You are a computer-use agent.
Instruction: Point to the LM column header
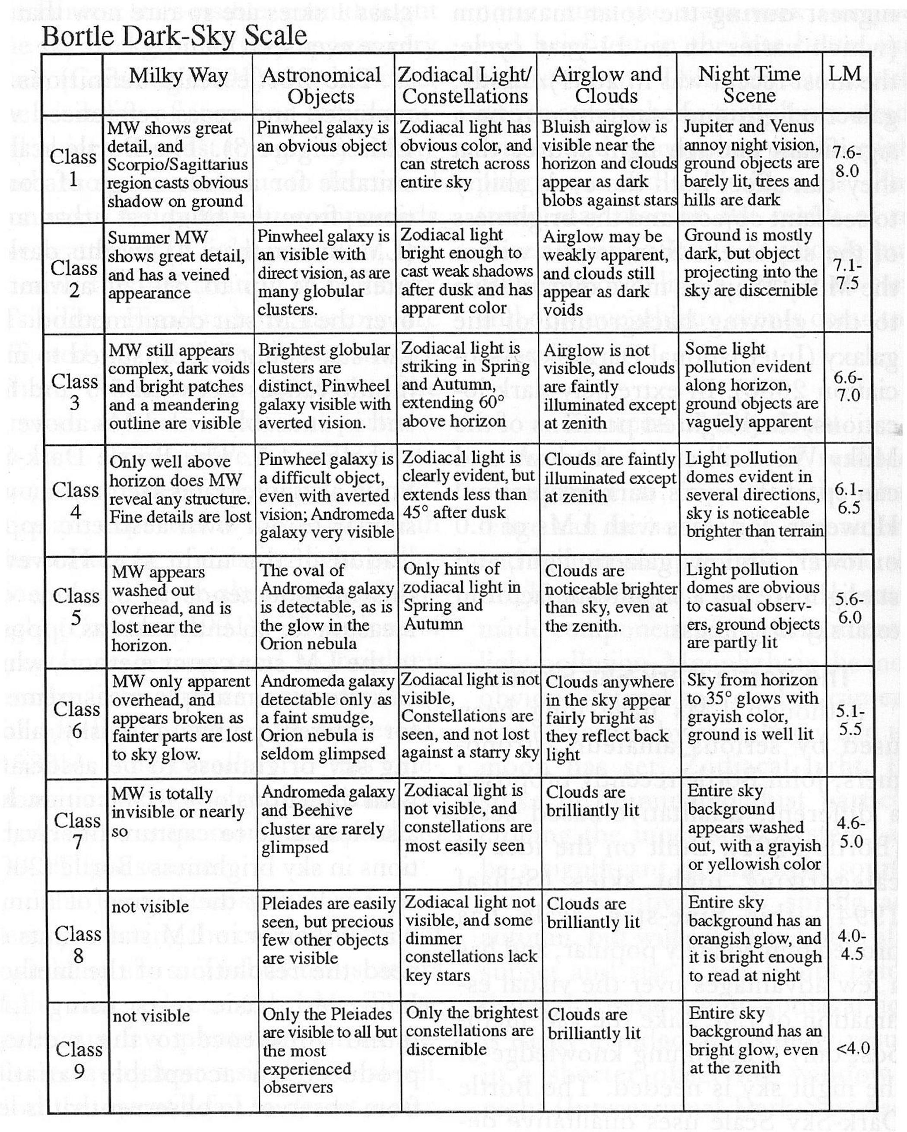click(x=845, y=73)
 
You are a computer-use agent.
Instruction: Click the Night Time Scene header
click(x=749, y=85)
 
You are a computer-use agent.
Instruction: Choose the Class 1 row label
click(x=73, y=168)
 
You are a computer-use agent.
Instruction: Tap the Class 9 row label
click(x=79, y=1059)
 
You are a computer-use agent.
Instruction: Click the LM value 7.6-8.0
click(x=847, y=162)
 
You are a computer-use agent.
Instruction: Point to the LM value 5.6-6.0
click(x=850, y=608)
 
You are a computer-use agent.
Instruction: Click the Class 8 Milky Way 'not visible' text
click(x=150, y=907)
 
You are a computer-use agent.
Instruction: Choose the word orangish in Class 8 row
click(x=722, y=939)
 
